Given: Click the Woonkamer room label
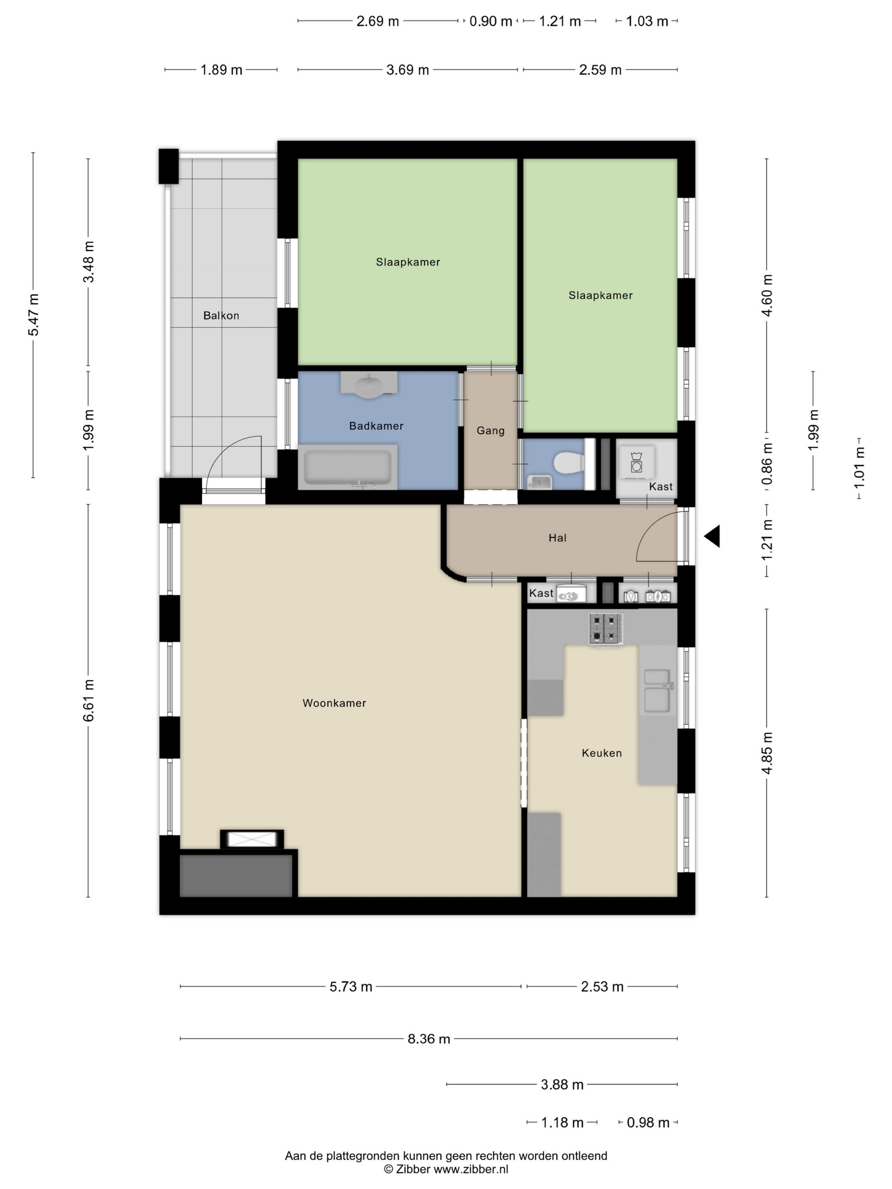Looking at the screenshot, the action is [x=334, y=703].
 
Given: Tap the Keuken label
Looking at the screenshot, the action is [x=601, y=753].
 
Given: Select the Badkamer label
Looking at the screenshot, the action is [x=376, y=426].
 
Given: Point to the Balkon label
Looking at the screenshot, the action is [x=221, y=316].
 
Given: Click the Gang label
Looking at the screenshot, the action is [x=490, y=431].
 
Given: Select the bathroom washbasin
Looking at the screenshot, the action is [x=369, y=386].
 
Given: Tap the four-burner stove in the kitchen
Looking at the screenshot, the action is [x=607, y=629].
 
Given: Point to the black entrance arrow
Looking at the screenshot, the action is [x=712, y=536].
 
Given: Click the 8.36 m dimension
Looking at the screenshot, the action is [x=429, y=1039].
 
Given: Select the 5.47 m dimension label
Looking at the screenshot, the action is [x=33, y=315].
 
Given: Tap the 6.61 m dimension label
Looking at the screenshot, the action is [x=89, y=700].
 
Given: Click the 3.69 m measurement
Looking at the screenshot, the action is [x=407, y=70].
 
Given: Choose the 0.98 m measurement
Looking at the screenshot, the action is [x=648, y=1123].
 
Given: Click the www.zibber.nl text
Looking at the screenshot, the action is [x=471, y=1169].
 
